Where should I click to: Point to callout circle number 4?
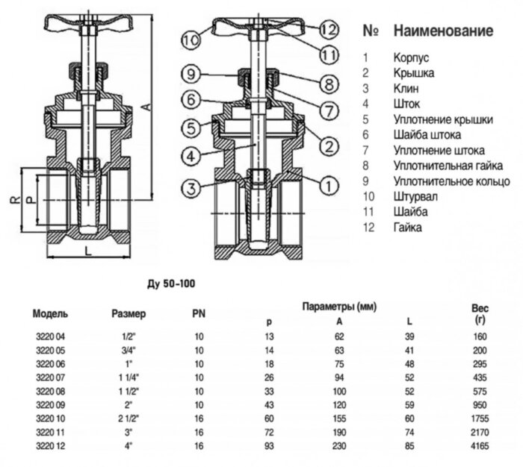[191, 157]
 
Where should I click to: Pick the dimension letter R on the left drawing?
[14, 200]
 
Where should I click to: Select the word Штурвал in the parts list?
[416, 197]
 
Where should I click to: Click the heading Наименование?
[443, 31]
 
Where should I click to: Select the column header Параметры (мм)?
[339, 307]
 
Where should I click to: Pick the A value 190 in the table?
[339, 430]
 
